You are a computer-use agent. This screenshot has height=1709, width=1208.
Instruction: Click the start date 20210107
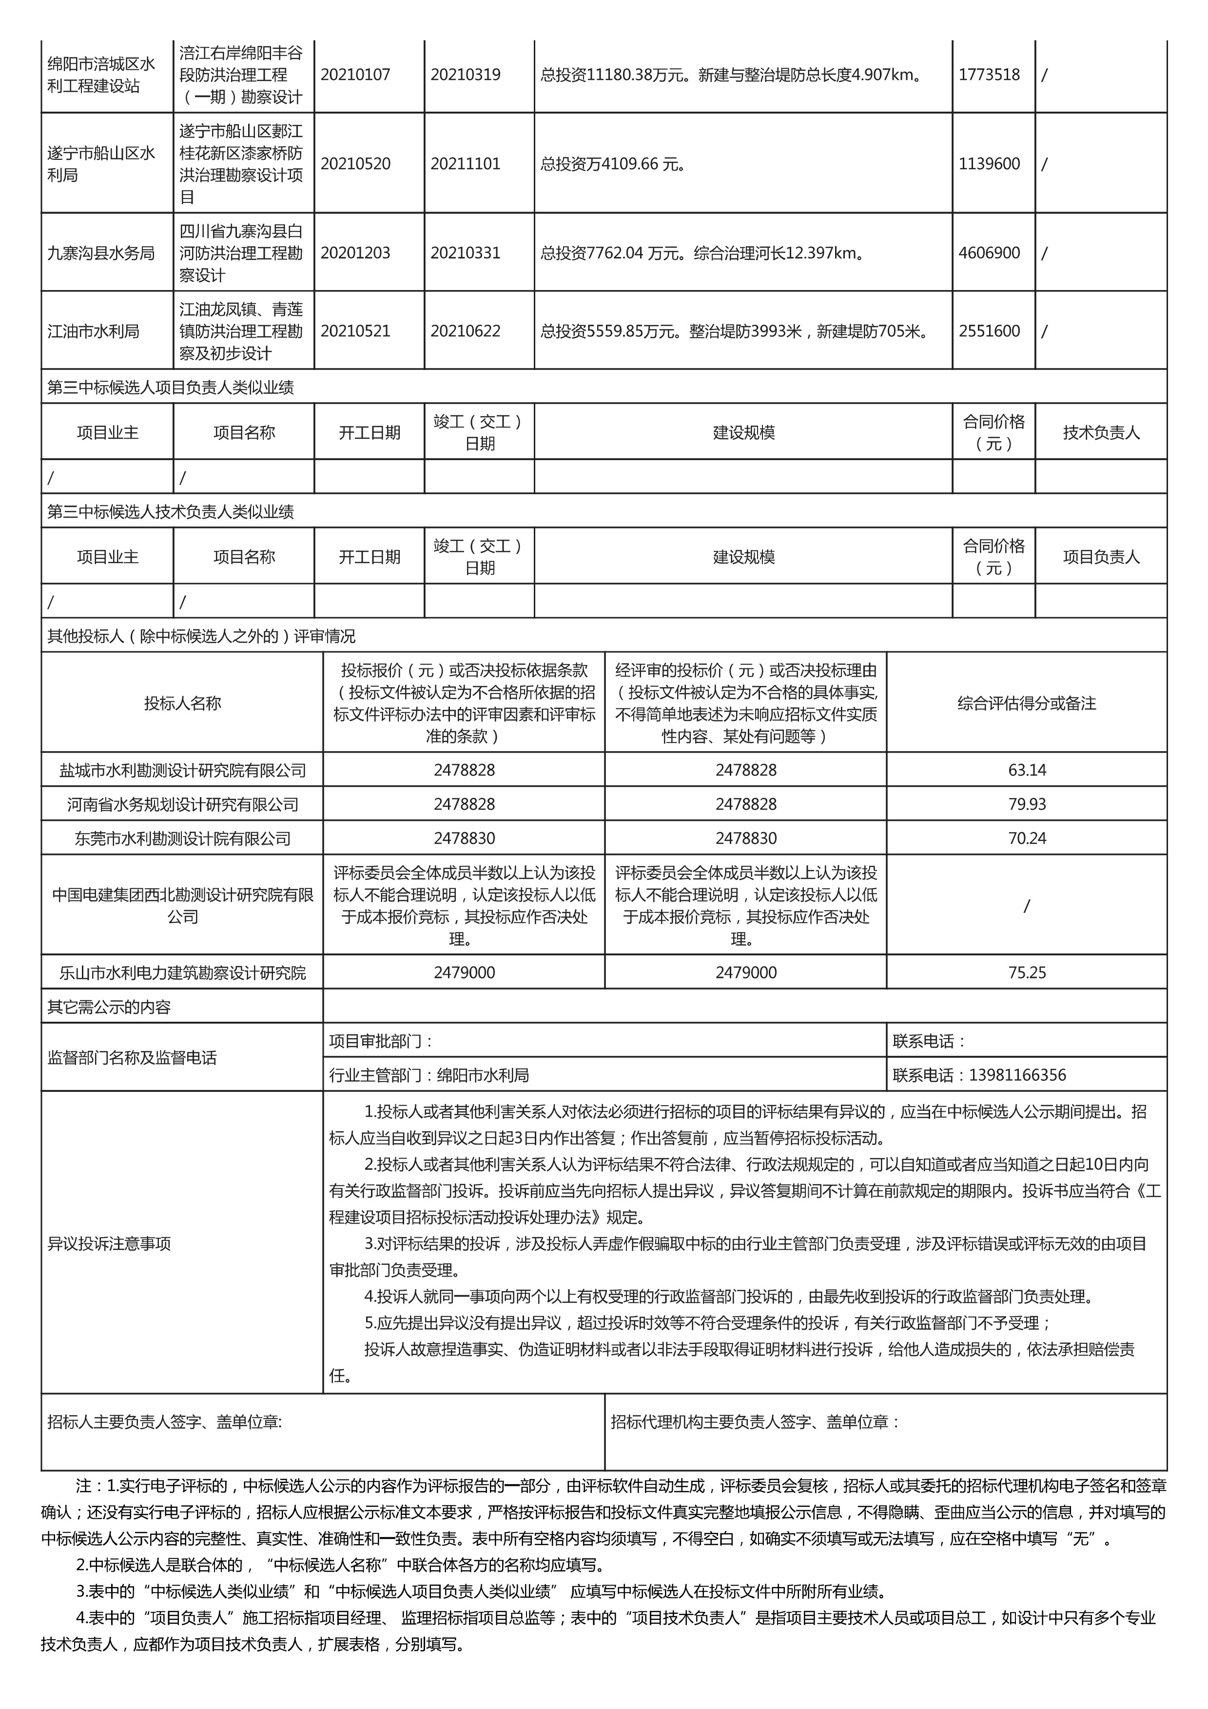tap(355, 75)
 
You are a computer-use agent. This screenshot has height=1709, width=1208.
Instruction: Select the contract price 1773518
tap(989, 75)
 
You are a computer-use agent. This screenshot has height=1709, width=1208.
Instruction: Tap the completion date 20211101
tap(465, 164)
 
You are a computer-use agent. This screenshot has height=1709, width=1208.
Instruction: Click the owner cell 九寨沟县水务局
tap(101, 253)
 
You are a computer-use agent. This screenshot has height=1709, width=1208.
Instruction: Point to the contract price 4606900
tap(989, 253)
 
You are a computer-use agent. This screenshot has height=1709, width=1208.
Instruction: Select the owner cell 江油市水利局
tap(94, 331)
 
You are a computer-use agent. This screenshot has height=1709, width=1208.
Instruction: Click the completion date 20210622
tap(465, 331)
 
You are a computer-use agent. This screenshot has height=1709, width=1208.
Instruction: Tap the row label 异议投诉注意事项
tap(109, 1244)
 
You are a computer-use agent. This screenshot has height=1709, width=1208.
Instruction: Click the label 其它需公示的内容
tap(109, 1007)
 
